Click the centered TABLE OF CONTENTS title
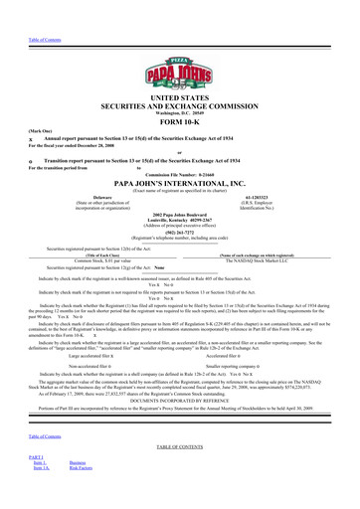pyautogui.click(x=180, y=475)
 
